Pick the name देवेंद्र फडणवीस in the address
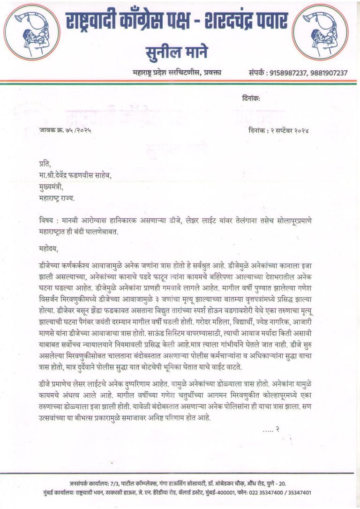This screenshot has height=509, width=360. coord(82,175)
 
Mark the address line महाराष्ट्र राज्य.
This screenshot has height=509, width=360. coord(57,197)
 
